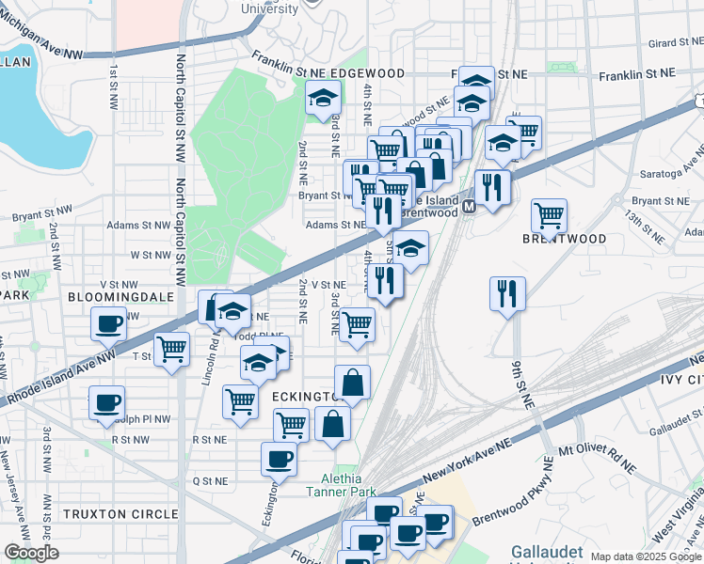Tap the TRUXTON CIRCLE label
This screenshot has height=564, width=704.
pyautogui.click(x=120, y=514)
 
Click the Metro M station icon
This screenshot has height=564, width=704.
pyautogui.click(x=468, y=204)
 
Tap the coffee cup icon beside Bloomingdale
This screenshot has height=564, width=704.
pyautogui.click(x=108, y=324)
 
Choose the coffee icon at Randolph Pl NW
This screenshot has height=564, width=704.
pyautogui.click(x=105, y=402)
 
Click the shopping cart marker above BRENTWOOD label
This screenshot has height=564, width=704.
pyautogui.click(x=549, y=214)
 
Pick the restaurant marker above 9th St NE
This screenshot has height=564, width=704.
pyautogui.click(x=506, y=292)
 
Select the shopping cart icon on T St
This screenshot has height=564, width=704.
pyautogui.click(x=171, y=350)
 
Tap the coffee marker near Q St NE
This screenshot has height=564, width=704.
pyautogui.click(x=279, y=459)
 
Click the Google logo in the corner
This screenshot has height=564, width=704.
pyautogui.click(x=31, y=553)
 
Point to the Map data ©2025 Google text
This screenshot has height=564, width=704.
pyautogui.click(x=646, y=556)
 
